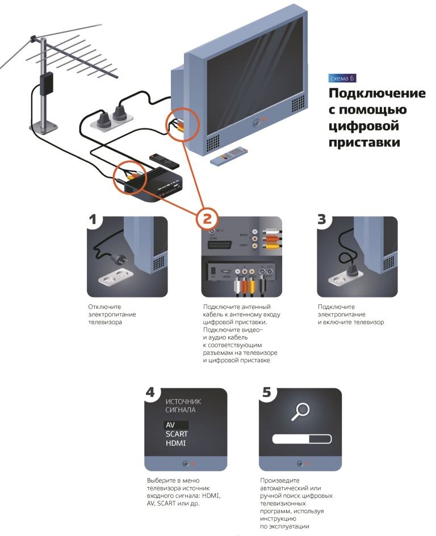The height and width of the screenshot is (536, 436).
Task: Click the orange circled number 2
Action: [207, 217]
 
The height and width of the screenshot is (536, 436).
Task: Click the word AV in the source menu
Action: [170, 425]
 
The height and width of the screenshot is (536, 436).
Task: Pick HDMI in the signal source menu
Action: [175, 443]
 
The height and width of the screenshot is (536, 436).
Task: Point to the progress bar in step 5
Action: [300, 439]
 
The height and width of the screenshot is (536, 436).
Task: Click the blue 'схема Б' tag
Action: [342, 77]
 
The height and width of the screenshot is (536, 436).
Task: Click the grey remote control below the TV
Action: [230, 156]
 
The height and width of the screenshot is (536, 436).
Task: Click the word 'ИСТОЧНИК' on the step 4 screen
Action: [182, 401]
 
